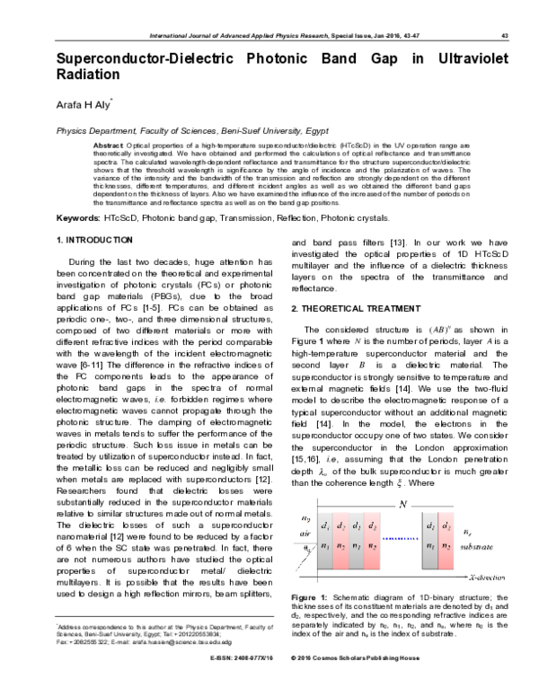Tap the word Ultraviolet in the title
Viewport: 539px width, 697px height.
(472, 60)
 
